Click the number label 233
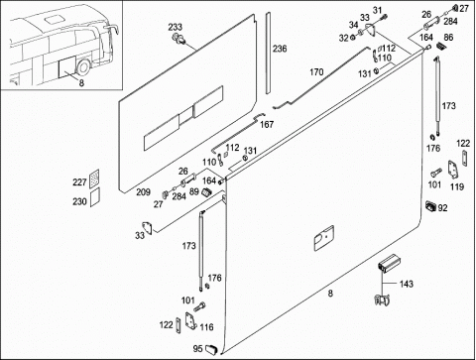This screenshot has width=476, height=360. (176, 27)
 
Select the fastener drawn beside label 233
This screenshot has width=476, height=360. (178, 38)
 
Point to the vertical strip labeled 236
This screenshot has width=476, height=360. (268, 53)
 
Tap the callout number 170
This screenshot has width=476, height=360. (316, 71)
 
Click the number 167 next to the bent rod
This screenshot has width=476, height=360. (267, 124)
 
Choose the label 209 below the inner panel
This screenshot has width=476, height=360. (144, 192)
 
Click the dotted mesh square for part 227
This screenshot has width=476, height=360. (94, 179)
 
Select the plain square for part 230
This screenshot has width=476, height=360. (95, 197)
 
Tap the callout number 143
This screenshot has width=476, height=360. (407, 284)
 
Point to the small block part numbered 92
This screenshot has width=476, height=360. (431, 205)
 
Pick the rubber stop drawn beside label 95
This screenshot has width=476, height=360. (210, 349)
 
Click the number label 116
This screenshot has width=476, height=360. (206, 327)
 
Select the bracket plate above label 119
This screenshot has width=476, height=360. (453, 170)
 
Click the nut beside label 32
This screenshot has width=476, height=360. (353, 38)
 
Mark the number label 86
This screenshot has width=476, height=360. (448, 37)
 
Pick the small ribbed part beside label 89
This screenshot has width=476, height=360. (206, 191)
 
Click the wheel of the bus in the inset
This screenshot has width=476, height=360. (82, 67)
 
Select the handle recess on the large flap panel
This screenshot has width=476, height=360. (323, 238)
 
